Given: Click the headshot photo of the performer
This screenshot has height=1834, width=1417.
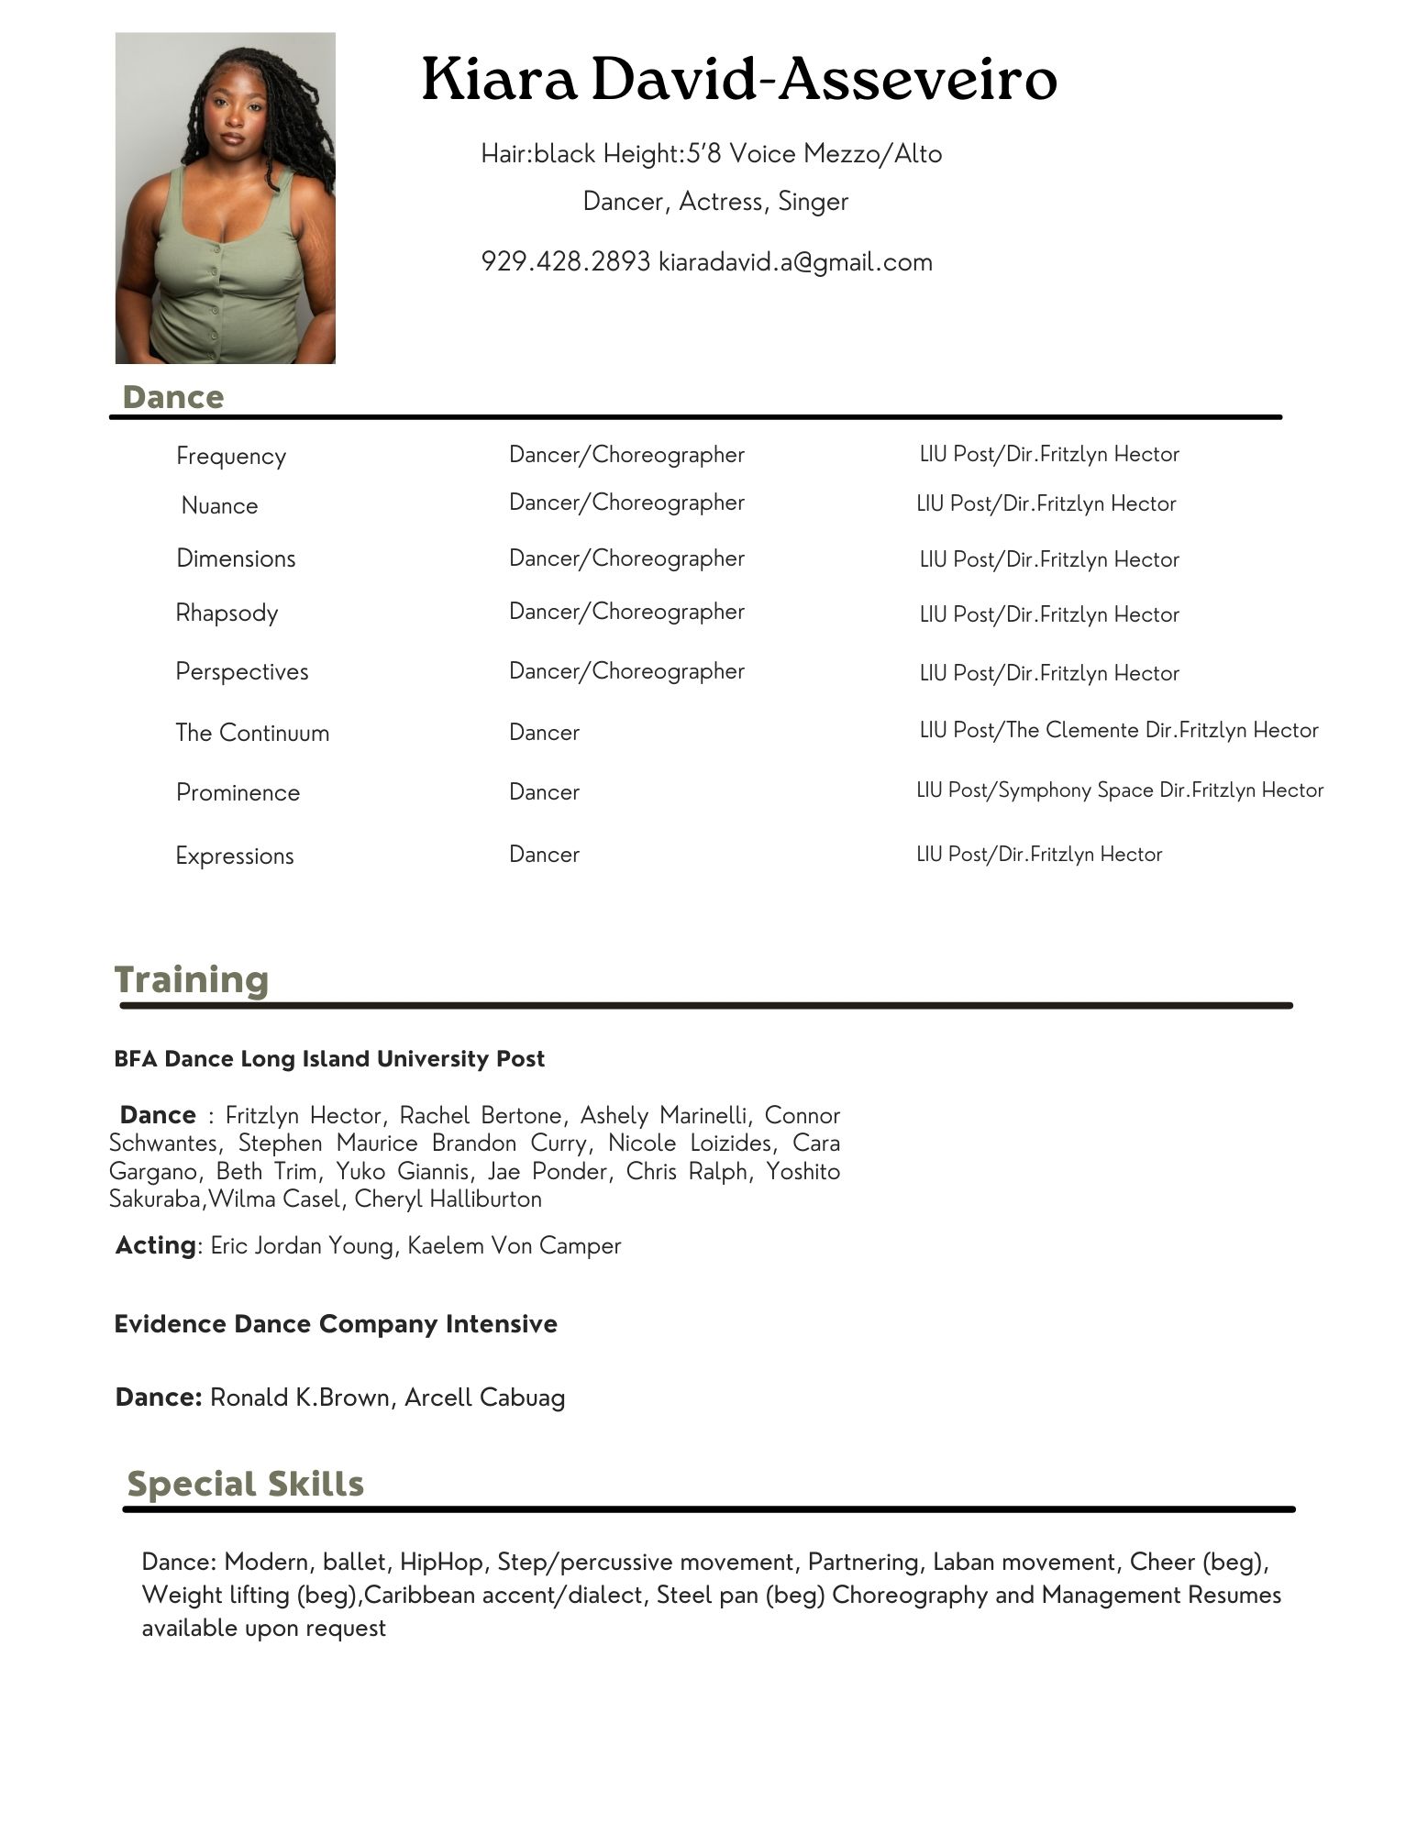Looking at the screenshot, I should point(225,198).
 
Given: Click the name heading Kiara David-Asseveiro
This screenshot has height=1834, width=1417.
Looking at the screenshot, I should point(739,80).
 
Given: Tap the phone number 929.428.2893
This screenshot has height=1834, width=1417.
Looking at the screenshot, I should point(565,262).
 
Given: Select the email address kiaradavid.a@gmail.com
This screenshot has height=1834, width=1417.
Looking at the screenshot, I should point(795,262).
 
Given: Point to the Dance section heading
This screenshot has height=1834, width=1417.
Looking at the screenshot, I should point(172,397).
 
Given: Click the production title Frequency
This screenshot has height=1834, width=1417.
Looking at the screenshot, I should point(231,456).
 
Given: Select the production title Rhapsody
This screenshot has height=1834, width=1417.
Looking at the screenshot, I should point(227,613).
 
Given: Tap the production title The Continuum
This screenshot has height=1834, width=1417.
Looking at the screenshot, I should point(252,733).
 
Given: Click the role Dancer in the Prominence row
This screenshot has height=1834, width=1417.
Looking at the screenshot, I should point(544,792).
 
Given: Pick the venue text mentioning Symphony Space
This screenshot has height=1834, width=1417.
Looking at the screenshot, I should point(1120,790).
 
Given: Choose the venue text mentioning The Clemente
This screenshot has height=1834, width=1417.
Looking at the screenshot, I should point(1119,730).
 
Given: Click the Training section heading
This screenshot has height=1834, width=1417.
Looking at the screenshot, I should point(192,979).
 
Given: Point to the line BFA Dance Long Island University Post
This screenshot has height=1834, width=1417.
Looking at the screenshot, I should point(329,1059).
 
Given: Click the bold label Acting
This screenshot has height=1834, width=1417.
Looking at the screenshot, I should point(156,1245).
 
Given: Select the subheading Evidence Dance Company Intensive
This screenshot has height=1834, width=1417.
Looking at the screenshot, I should point(336,1324).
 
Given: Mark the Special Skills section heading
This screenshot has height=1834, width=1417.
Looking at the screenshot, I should point(245,1484).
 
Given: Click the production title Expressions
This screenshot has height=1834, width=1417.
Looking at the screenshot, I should point(235,856).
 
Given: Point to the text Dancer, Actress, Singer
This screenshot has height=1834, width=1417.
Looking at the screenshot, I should point(715,202).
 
